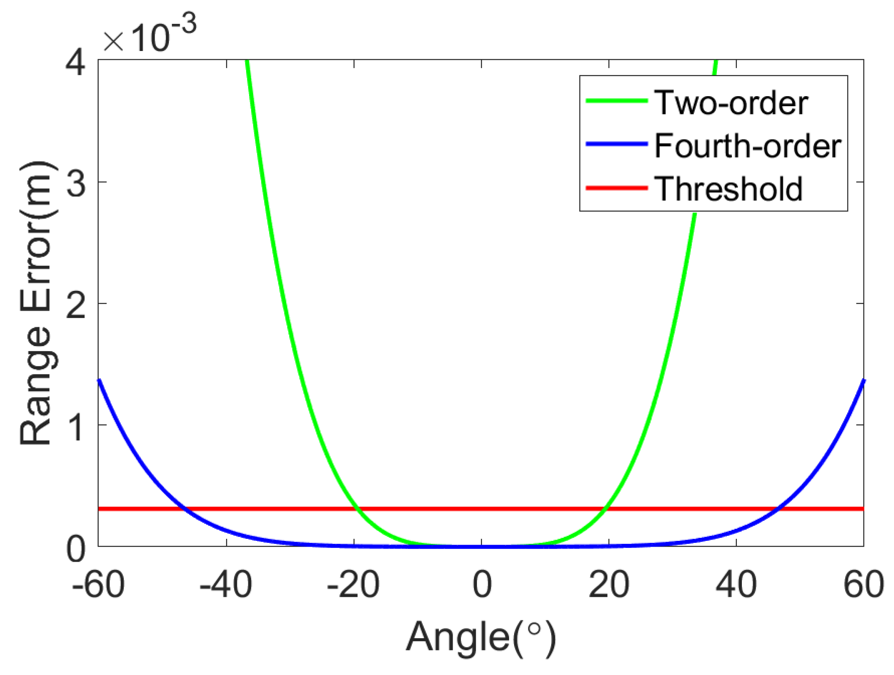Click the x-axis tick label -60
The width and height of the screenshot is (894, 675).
(x=98, y=585)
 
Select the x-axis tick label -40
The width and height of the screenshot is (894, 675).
(x=226, y=585)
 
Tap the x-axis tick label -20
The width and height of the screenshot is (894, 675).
(x=353, y=585)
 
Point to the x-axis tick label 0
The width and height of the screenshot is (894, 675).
(x=482, y=585)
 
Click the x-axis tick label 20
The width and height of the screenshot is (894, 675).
(x=609, y=585)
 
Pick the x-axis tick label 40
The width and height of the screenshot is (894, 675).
(x=736, y=585)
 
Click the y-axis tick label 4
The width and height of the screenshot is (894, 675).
(x=76, y=64)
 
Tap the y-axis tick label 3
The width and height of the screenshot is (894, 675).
(x=76, y=184)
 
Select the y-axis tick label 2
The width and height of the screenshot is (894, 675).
(x=76, y=306)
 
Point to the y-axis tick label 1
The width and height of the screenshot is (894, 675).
(x=76, y=427)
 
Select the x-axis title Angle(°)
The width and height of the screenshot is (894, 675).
(x=481, y=638)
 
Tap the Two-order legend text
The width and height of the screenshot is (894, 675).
(x=731, y=103)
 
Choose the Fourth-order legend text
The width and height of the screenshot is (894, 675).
(x=748, y=146)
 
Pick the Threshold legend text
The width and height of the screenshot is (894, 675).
(x=728, y=189)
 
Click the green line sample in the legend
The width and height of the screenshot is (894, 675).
(x=617, y=101)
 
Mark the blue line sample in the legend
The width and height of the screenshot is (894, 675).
(x=617, y=144)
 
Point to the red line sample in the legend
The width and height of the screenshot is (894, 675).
(x=617, y=188)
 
